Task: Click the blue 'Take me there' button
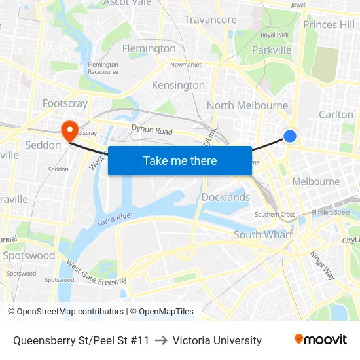(180, 160)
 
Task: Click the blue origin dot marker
(290, 135)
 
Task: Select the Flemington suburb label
(149, 48)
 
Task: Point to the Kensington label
(178, 85)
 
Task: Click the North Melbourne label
(247, 105)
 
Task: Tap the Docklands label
(226, 197)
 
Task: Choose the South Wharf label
(262, 234)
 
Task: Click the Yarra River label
(115, 219)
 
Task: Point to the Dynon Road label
(152, 130)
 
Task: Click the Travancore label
(210, 20)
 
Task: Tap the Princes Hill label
(329, 25)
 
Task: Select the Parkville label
(272, 50)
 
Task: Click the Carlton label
(336, 114)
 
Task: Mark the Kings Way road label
(323, 264)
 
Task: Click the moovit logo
(320, 339)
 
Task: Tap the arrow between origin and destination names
(161, 340)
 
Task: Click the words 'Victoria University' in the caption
(217, 340)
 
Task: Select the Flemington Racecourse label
(103, 68)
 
